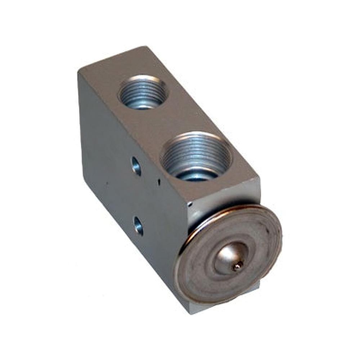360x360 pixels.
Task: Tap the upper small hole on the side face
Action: click(136, 166)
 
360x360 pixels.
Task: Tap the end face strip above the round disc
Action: click(223, 196)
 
